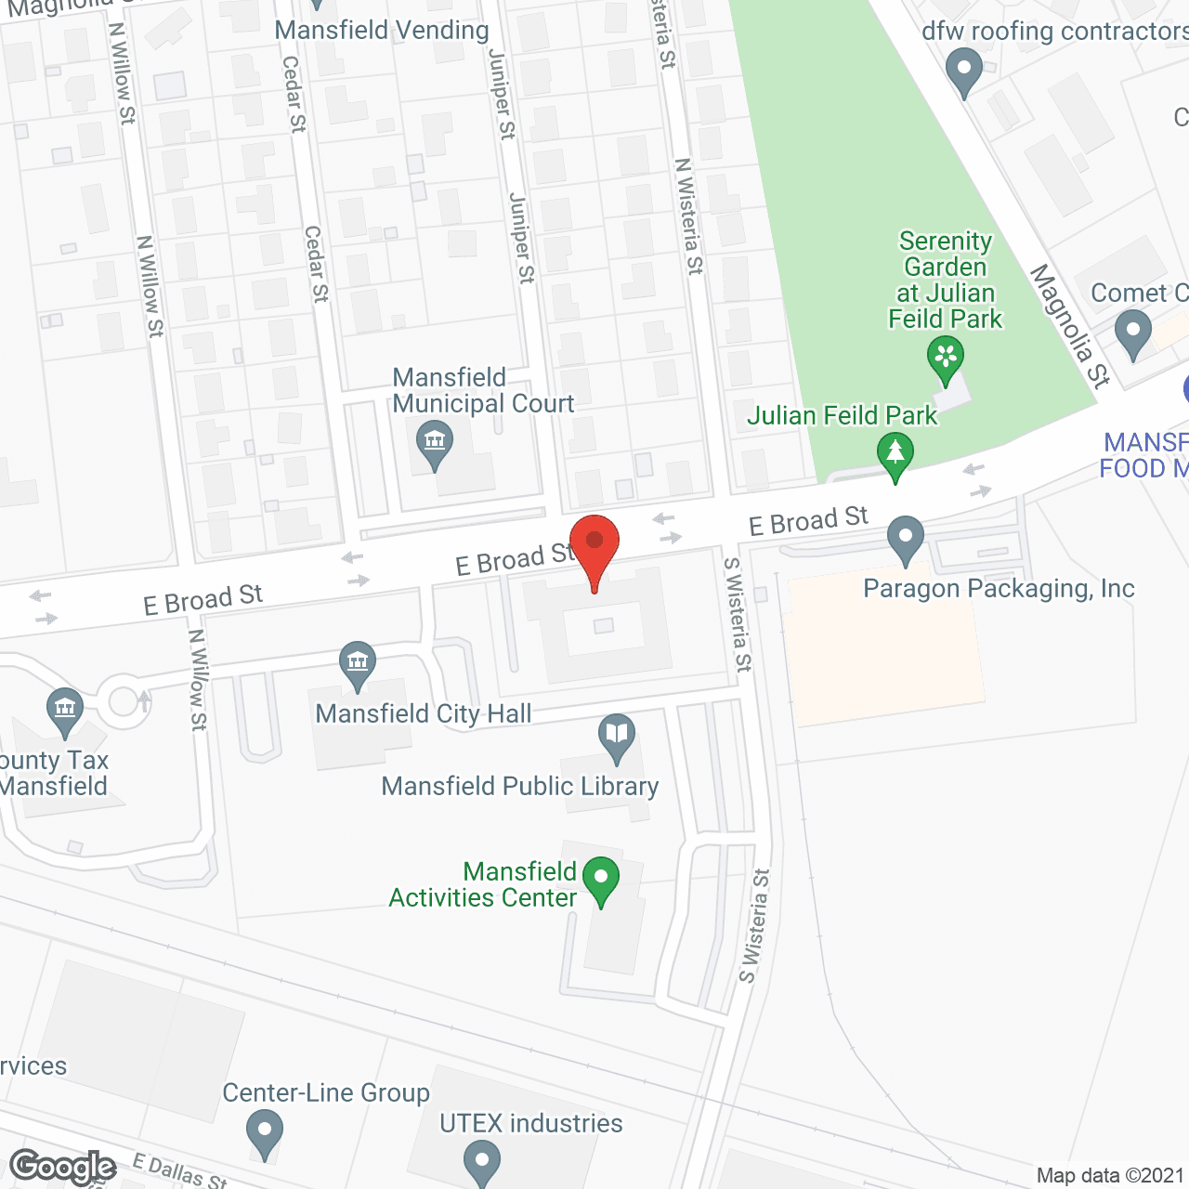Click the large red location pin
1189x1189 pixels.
coord(594,548)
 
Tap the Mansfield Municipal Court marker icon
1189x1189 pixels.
coord(434,443)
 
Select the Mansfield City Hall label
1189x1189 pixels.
coord(424,713)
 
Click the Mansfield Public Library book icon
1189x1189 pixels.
coord(616,736)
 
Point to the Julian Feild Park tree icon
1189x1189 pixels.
coord(895,455)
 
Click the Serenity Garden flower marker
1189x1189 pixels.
coord(946,358)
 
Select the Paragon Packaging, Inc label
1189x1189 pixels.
coord(999,588)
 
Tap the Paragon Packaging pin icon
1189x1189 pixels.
coord(906,538)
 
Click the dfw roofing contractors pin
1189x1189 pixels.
coord(963,71)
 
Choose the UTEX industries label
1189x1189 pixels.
coord(530,1123)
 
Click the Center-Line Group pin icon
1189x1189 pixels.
coord(265,1134)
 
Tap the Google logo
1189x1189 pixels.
coord(63,1167)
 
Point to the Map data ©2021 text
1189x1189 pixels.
coord(1110,1175)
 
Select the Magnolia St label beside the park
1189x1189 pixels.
coord(1070,326)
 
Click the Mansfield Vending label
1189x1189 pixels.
coord(382,30)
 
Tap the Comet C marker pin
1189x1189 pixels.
coord(1132,333)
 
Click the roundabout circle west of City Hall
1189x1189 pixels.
coord(124,700)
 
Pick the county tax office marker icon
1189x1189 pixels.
coord(64,711)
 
